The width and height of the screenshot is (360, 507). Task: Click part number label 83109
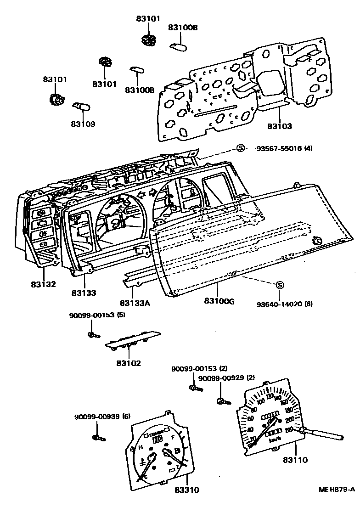pyautogui.click(x=83, y=124)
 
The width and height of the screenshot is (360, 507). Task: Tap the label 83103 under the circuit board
pyautogui.click(x=280, y=125)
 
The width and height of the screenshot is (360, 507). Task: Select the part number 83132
pyautogui.click(x=44, y=284)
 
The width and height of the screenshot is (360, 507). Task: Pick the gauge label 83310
pyautogui.click(x=187, y=490)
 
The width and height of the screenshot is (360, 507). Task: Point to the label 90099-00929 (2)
pyautogui.click(x=226, y=378)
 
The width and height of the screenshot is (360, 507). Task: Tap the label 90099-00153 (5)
pyautogui.click(x=97, y=315)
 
